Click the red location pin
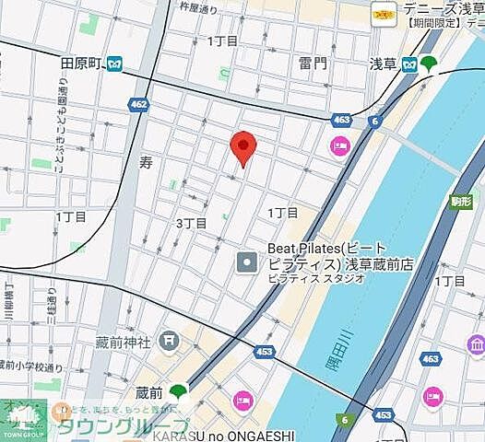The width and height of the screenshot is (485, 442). (243, 147)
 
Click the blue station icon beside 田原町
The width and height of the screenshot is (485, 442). (114, 64)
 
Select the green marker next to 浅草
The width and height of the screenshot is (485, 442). (429, 64)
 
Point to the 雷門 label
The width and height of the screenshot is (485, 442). (313, 64)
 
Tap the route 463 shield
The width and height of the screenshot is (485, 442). (342, 119)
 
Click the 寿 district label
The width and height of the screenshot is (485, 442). (146, 163)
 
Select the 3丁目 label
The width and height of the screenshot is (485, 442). (192, 224)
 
